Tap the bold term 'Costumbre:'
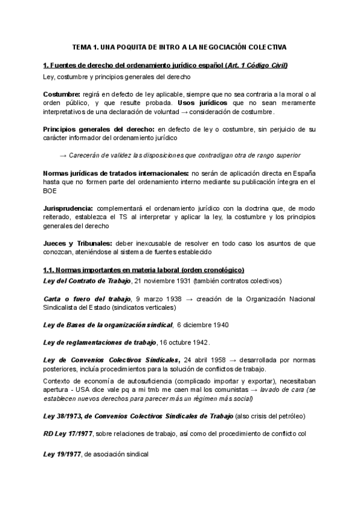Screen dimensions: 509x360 62,95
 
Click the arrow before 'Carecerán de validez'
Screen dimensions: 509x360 63,155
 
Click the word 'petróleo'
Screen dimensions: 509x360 290,416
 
